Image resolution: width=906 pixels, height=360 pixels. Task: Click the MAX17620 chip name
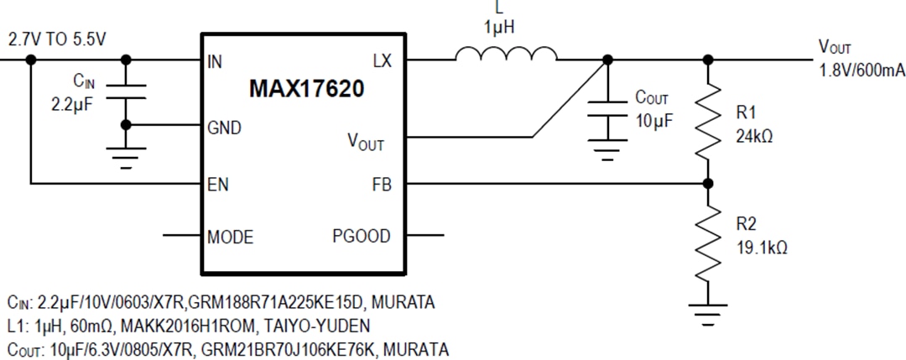(306, 90)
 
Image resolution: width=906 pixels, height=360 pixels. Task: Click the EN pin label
(218, 184)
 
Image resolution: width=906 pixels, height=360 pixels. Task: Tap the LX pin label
(382, 60)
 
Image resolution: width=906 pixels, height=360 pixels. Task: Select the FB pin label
(382, 184)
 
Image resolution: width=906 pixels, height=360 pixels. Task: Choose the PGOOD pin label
(362, 237)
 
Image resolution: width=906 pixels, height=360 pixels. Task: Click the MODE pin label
(231, 237)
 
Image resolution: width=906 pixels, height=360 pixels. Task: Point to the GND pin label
(224, 128)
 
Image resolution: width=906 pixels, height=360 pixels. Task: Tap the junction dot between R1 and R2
(709, 184)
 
